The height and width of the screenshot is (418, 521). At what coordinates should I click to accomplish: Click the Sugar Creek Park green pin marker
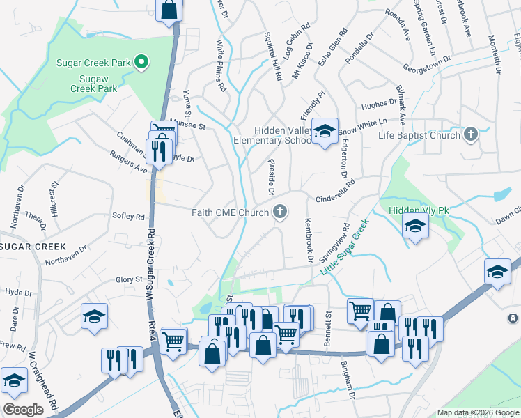point(141,63)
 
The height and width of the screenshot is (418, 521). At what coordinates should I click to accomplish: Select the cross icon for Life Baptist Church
point(471,134)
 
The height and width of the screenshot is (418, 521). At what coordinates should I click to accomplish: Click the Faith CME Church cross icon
point(280,212)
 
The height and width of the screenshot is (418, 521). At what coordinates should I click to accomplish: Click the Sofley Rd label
point(129,216)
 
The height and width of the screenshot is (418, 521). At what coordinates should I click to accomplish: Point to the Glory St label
point(129,279)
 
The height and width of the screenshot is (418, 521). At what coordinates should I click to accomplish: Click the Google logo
point(24,409)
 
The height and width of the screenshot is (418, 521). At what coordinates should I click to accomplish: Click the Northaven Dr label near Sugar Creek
point(65,255)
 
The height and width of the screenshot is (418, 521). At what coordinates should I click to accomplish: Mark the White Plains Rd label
point(221,66)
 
